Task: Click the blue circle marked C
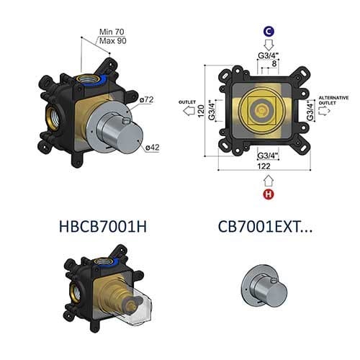tap(267, 32)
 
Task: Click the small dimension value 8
tap(274, 63)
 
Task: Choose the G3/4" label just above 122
tap(267, 153)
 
